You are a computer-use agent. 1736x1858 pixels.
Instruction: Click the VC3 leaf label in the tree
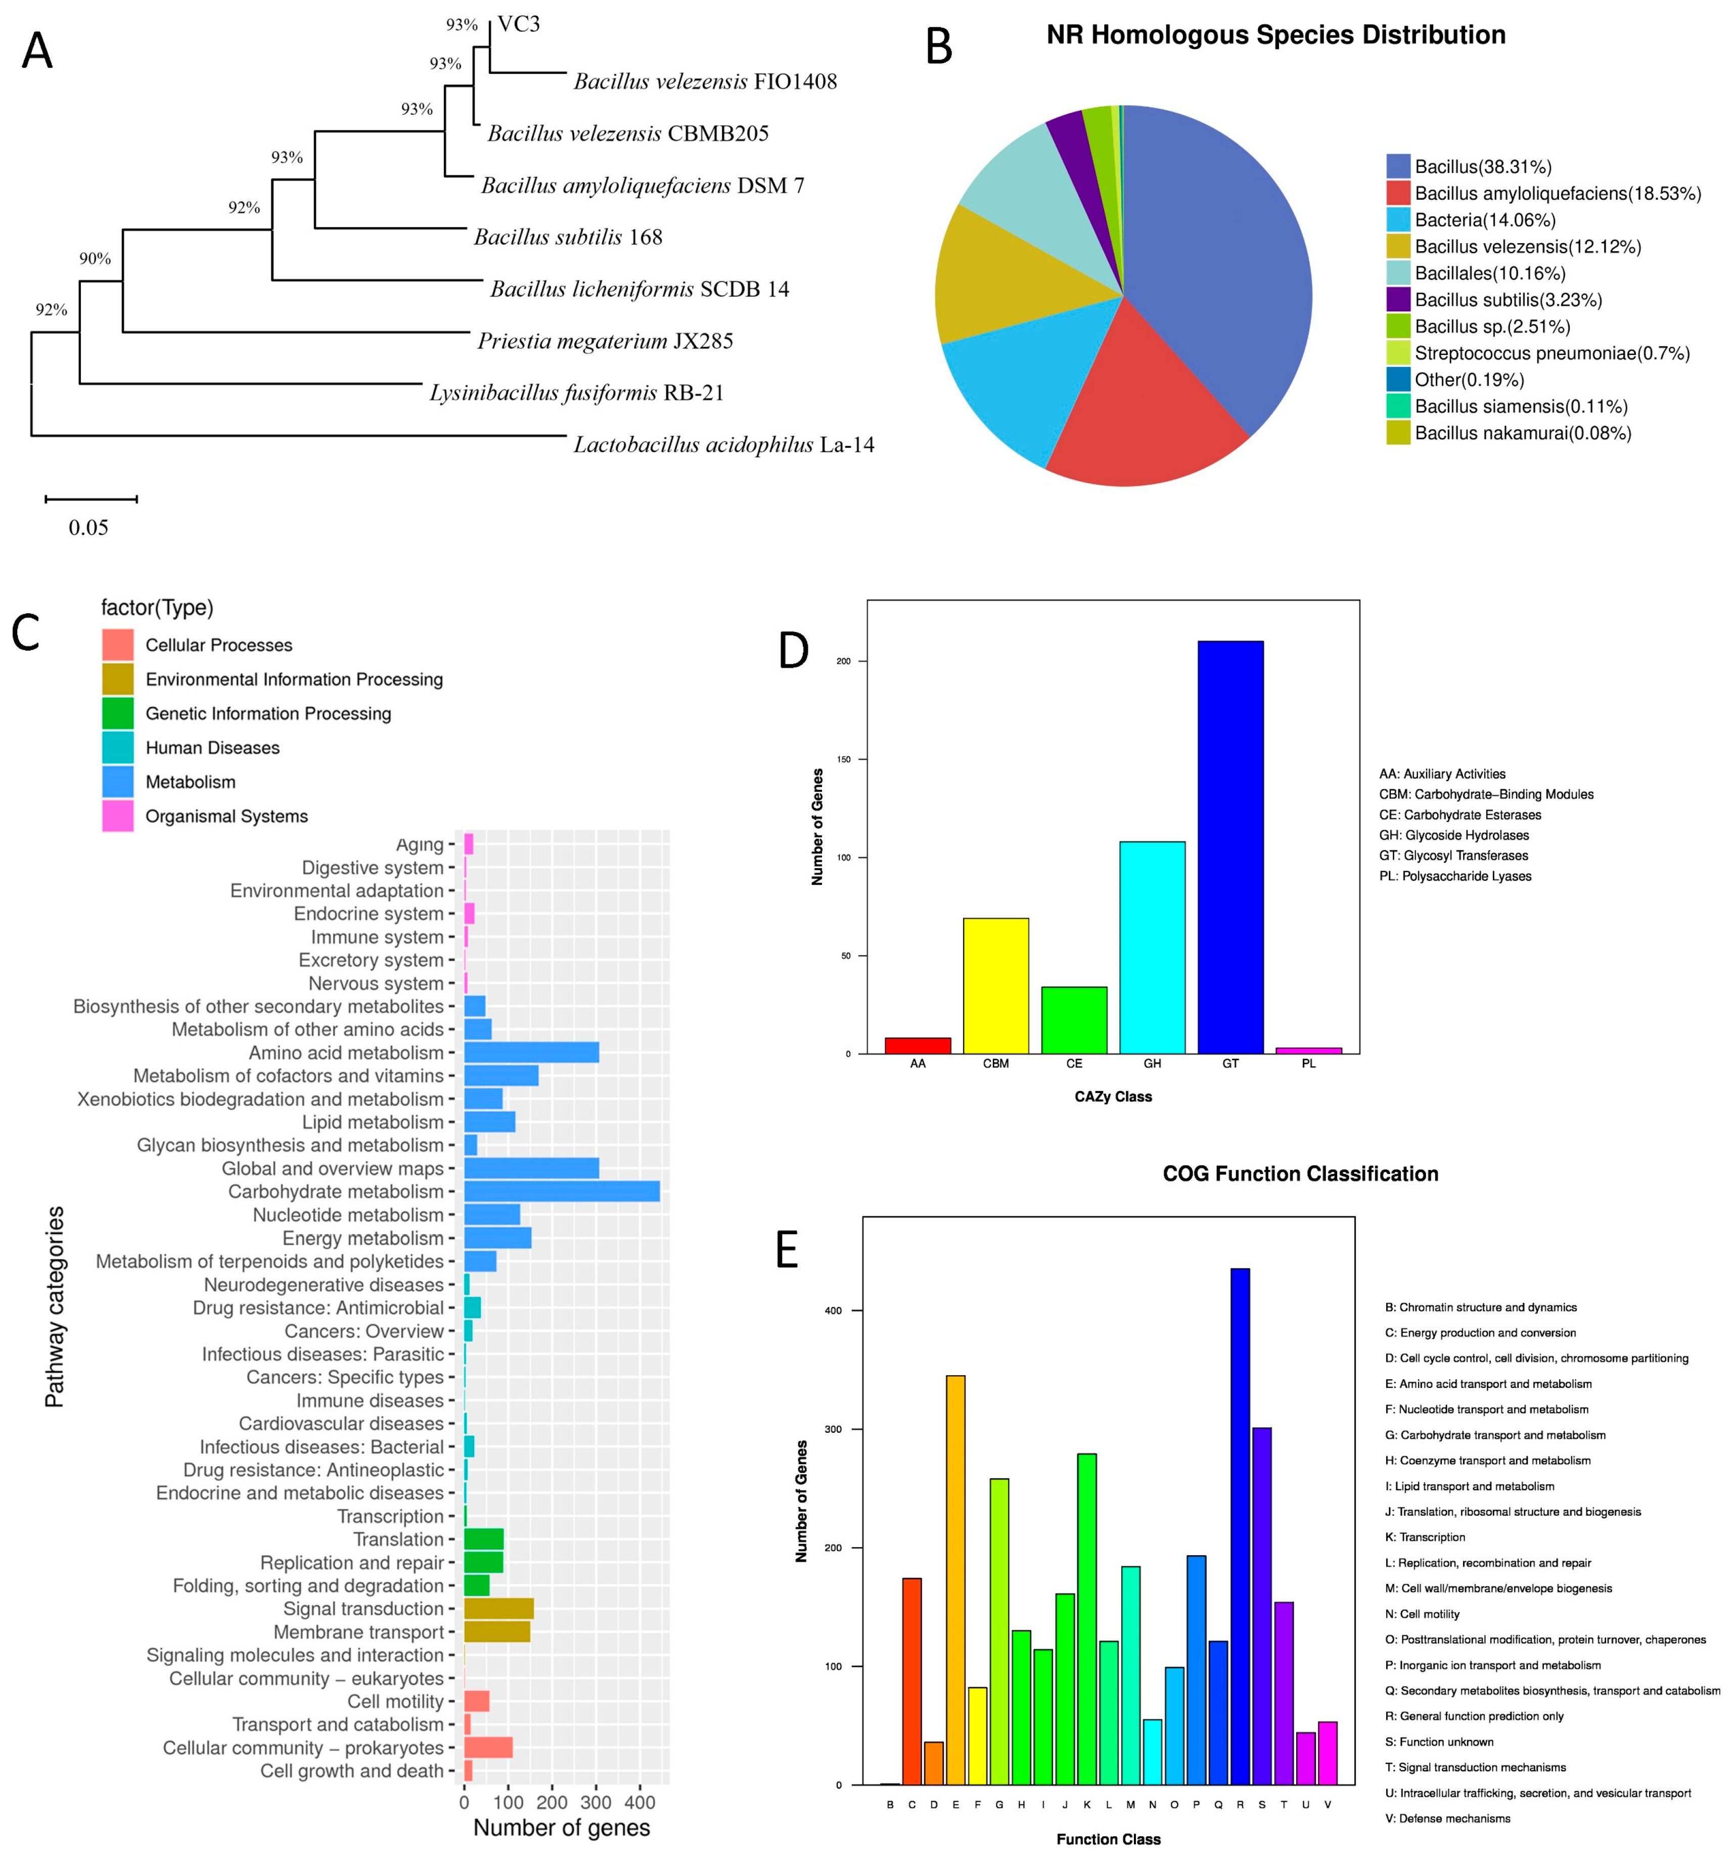pyautogui.click(x=519, y=24)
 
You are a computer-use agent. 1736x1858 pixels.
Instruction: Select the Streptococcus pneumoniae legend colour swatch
pyautogui.click(x=1398, y=353)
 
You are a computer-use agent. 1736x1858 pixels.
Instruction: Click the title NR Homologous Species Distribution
pyautogui.click(x=1275, y=35)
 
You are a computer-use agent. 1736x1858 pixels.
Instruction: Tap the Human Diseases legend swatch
pyautogui.click(x=118, y=748)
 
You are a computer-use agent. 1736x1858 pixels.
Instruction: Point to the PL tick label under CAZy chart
pyautogui.click(x=1308, y=1064)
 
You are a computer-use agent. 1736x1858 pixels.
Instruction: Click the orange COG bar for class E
pyautogui.click(x=955, y=1579)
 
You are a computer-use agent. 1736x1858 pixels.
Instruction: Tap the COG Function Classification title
pyautogui.click(x=1300, y=1174)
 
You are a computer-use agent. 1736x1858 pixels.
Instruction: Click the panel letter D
pyautogui.click(x=793, y=651)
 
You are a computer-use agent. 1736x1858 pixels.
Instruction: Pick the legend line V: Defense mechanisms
pyautogui.click(x=1454, y=1819)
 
